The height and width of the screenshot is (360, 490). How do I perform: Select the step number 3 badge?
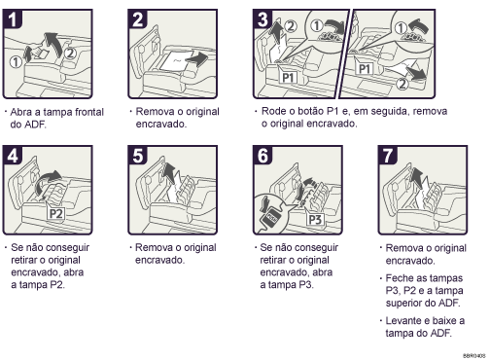(x=260, y=18)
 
